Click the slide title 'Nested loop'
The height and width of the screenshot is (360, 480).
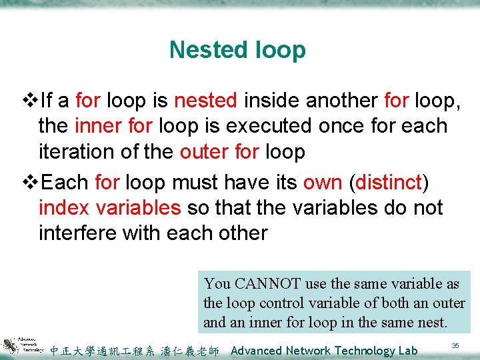click(x=237, y=50)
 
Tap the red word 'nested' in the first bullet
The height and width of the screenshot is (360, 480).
click(x=205, y=101)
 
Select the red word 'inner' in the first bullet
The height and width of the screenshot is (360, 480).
click(x=95, y=126)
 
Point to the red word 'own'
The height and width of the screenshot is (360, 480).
click(x=323, y=182)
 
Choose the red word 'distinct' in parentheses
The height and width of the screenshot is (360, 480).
click(x=389, y=182)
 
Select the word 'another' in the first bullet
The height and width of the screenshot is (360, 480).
click(x=342, y=101)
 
